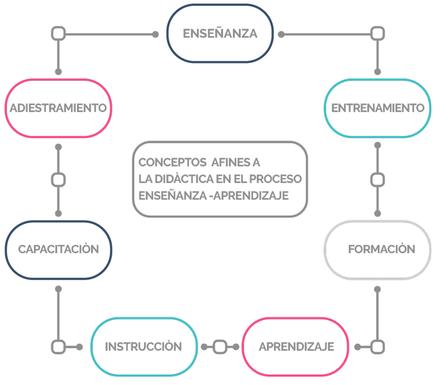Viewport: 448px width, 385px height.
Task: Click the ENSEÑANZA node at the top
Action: tap(220, 33)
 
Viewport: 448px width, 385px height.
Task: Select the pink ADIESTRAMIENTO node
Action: tap(58, 108)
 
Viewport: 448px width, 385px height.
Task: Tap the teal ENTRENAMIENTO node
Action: tap(378, 108)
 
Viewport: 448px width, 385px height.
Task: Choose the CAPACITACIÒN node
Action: tap(58, 249)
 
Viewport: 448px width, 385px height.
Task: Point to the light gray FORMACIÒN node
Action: tap(378, 249)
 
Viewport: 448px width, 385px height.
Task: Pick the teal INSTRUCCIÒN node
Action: tap(143, 346)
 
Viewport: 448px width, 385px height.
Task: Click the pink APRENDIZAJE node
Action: tap(295, 346)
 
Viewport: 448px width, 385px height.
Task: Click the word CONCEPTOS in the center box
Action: tap(172, 162)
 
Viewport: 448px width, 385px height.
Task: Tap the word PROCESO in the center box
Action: tap(276, 179)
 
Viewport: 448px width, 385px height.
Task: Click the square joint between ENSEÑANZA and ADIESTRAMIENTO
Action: tap(58, 33)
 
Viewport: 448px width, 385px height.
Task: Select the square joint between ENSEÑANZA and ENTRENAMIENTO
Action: tap(378, 33)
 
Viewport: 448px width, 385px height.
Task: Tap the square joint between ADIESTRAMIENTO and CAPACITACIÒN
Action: tap(58, 180)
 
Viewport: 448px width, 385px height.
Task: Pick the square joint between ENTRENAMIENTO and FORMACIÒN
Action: tap(378, 180)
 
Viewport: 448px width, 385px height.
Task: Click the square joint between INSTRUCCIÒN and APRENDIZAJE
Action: tap(220, 347)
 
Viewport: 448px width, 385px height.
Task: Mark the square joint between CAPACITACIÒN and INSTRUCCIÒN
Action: tap(58, 347)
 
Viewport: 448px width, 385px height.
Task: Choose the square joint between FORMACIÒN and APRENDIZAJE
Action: tap(378, 347)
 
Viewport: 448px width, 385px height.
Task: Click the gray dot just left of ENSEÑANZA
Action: tap(155, 34)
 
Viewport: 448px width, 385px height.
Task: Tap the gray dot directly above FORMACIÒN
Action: tap(378, 213)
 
